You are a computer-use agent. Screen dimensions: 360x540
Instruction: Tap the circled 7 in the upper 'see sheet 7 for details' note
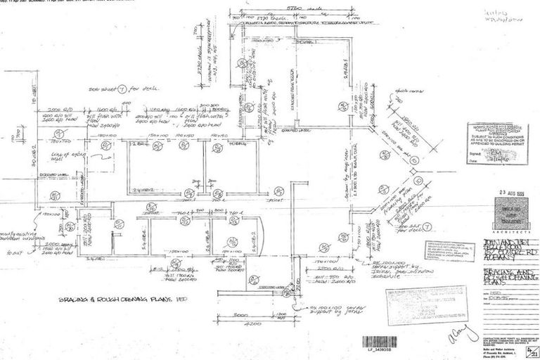[120, 89]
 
